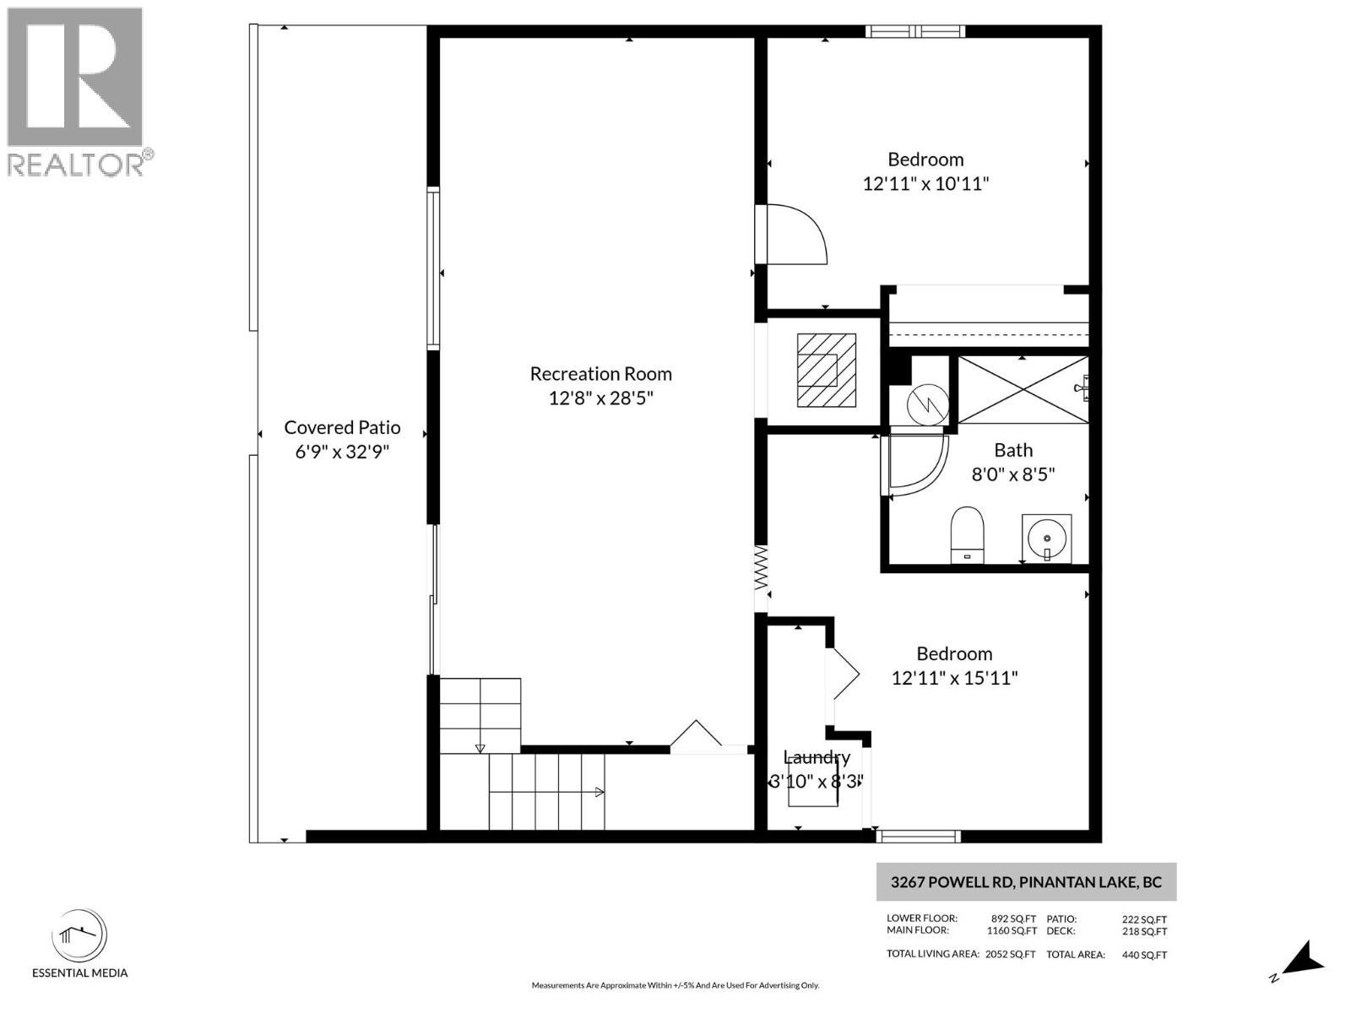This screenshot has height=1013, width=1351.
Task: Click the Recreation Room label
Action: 600,373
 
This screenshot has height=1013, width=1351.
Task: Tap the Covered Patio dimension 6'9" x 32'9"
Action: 342,452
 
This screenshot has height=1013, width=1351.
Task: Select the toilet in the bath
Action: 968,534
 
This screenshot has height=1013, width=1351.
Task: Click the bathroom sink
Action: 1047,538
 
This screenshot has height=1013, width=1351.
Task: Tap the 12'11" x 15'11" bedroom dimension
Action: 954,677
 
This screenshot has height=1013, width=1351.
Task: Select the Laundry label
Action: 816,757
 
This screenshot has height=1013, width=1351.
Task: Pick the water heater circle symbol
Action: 927,404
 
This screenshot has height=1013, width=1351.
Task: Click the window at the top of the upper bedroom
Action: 915,32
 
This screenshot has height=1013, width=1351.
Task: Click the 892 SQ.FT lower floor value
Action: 1013,918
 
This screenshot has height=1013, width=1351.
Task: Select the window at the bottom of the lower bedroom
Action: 918,836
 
